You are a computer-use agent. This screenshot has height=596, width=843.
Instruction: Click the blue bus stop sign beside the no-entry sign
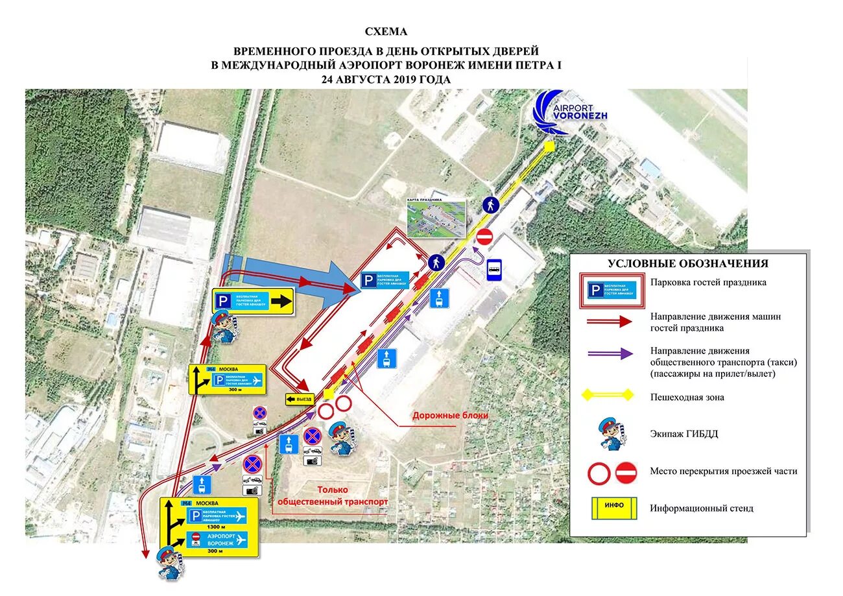(x=495, y=268)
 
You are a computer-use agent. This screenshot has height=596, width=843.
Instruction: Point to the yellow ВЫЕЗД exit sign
(x=300, y=399)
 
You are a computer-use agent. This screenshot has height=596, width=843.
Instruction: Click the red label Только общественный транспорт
(x=333, y=496)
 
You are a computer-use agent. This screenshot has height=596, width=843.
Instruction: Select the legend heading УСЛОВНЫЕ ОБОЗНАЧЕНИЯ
(x=687, y=263)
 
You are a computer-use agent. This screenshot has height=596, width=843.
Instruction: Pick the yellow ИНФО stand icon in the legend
(x=613, y=508)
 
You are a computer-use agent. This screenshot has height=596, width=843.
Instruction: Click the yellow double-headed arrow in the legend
(x=608, y=395)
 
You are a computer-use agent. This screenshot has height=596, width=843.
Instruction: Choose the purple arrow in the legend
(x=608, y=353)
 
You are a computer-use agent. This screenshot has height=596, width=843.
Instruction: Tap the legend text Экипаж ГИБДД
(x=684, y=434)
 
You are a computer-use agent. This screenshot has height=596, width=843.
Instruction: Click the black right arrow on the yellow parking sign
(x=281, y=301)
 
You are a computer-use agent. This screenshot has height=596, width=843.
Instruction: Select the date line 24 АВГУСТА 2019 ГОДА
(x=385, y=78)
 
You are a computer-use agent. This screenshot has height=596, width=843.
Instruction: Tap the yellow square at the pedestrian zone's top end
(x=549, y=147)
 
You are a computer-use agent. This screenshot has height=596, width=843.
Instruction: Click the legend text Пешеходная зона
(x=687, y=397)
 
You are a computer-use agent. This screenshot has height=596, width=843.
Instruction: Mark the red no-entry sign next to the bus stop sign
(x=484, y=236)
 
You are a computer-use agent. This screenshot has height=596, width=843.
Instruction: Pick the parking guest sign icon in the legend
(x=613, y=290)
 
